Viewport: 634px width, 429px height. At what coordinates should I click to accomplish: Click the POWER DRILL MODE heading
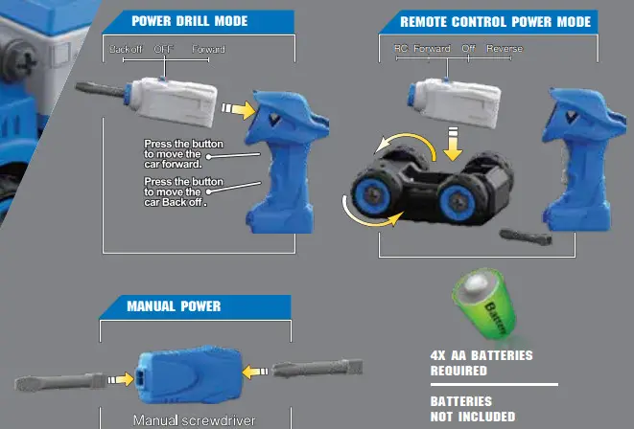189,21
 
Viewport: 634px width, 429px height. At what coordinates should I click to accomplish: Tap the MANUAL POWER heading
174,306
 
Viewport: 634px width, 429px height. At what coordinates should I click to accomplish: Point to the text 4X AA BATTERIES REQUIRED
481,363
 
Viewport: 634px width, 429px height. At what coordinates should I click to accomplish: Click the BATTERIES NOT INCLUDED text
473,409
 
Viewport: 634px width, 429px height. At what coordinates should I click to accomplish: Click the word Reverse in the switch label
505,49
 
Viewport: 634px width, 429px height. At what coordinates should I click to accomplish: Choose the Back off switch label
126,49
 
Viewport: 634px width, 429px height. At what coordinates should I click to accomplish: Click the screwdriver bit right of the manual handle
317,370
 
